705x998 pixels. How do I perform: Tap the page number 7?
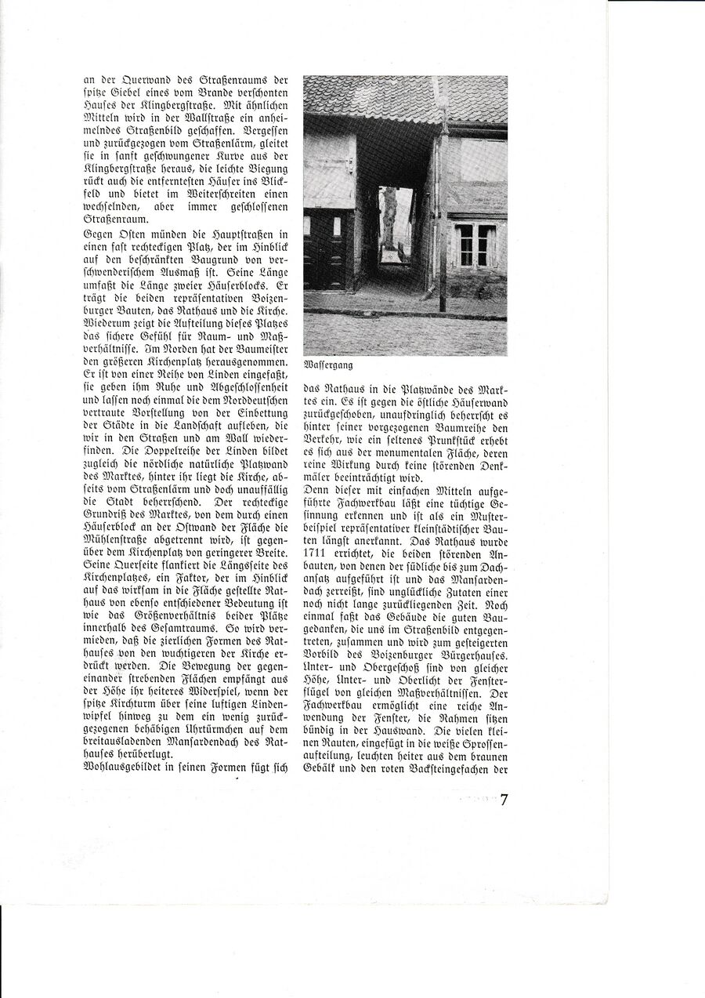pyautogui.click(x=504, y=800)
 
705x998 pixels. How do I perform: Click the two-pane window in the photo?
pyautogui.click(x=475, y=246)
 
